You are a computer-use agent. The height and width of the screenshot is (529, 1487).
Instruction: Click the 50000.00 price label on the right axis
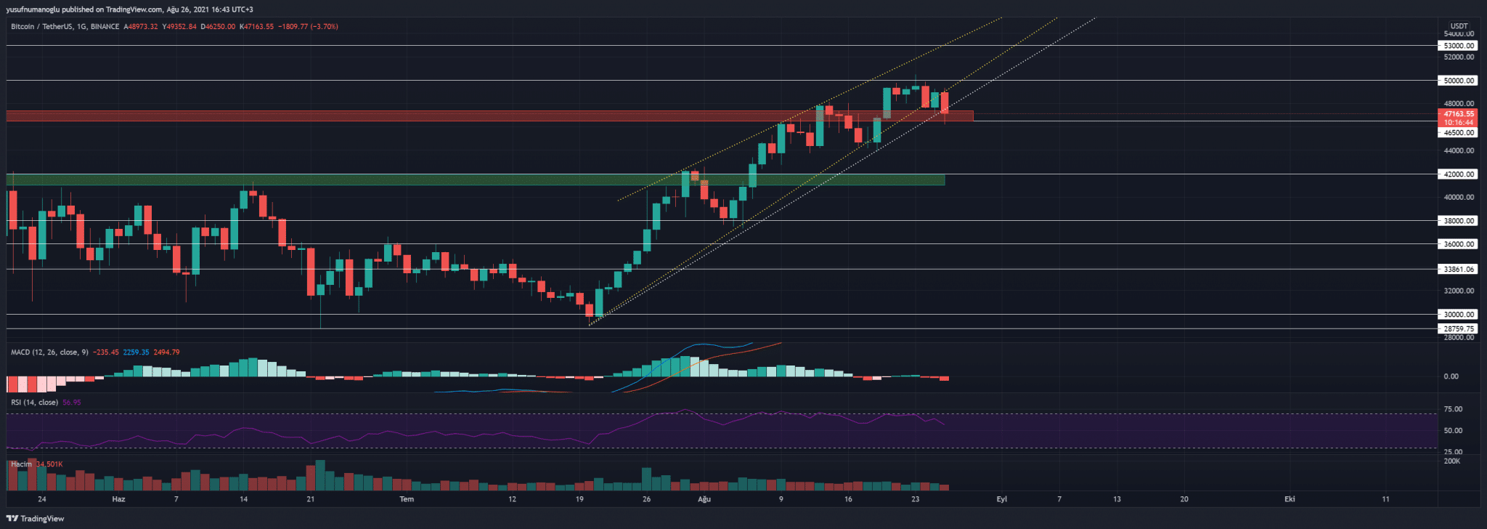pos(1458,81)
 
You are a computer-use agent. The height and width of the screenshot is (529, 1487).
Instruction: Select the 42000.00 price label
pos(1458,174)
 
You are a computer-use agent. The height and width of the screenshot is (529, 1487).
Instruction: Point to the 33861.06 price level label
pos(1458,269)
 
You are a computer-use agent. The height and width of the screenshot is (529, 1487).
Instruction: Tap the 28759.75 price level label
pos(1458,328)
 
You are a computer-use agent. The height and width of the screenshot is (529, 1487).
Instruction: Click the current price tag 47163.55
pos(1458,114)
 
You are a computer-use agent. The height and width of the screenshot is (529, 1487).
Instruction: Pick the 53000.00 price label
pos(1458,46)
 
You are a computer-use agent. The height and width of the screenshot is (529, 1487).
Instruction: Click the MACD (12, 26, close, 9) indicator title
pos(49,352)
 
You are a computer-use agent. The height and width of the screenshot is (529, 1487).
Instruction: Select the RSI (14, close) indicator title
pos(34,403)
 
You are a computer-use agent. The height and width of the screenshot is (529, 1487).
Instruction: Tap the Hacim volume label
pos(21,464)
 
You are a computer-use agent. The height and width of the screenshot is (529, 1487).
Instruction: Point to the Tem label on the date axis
pos(407,499)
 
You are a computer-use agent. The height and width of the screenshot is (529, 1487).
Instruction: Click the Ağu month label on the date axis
pos(704,499)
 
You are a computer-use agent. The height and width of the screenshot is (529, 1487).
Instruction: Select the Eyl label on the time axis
pos(1002,499)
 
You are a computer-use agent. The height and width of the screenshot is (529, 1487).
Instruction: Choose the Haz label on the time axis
pos(118,499)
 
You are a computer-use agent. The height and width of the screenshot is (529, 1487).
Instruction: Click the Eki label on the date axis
pos(1290,499)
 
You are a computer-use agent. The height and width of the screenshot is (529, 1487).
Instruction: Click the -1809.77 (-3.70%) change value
pos(308,27)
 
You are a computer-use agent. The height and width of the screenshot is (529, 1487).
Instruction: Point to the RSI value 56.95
pos(72,403)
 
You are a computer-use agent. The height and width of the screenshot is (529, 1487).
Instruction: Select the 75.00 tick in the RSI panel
pos(1453,409)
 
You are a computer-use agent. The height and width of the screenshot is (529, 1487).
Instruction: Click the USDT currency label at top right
pos(1459,26)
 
